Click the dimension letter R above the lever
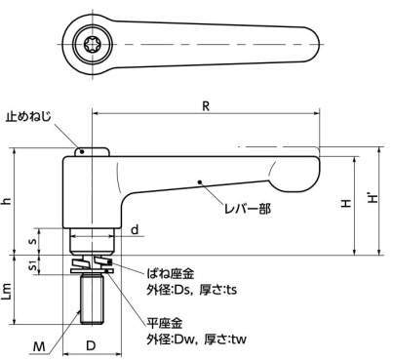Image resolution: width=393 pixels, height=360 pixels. (206, 106)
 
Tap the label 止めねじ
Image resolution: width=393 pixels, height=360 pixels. (28, 117)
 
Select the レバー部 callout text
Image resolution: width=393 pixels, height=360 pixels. (248, 209)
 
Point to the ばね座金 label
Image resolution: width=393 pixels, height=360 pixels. (171, 274)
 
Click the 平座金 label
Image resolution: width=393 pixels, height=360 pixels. (165, 323)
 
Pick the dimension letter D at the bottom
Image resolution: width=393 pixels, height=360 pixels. (92, 345)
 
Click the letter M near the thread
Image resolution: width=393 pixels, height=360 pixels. (39, 347)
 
